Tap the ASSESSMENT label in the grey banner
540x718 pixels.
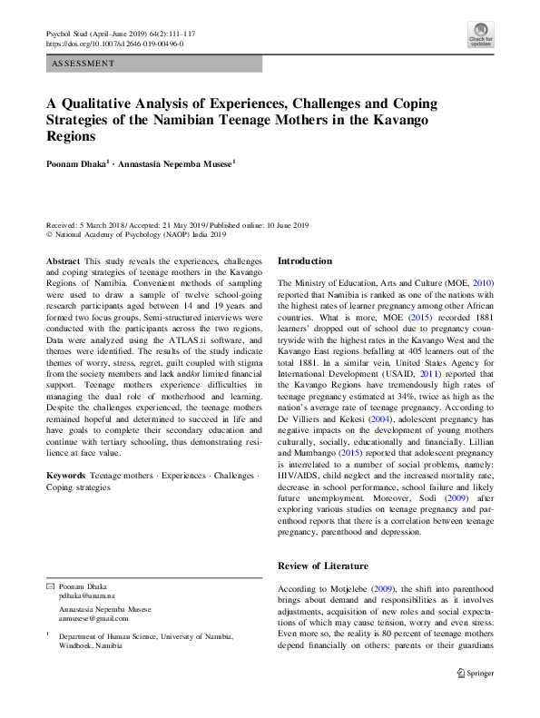(x=84, y=64)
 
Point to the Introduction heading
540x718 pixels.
(x=305, y=261)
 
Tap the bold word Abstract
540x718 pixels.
(x=63, y=260)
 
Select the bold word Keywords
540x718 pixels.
(x=66, y=475)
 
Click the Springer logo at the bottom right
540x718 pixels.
(x=475, y=673)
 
